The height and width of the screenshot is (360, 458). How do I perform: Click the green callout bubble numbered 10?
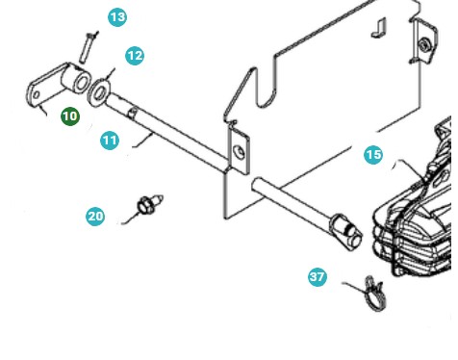point(70,116)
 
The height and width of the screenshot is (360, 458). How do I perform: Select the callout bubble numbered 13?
point(117,17)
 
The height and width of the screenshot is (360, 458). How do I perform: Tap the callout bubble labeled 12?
point(135,56)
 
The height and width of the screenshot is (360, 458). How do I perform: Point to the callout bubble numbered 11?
point(110,140)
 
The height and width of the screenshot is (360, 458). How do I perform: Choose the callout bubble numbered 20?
point(95,217)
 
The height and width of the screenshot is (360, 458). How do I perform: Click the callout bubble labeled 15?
point(373,154)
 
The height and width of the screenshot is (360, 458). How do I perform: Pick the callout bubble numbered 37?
point(318,276)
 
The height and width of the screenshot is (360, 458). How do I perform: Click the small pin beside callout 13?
point(89,41)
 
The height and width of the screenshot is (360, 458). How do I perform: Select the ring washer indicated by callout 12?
point(99,94)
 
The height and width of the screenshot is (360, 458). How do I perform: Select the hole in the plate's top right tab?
point(424,44)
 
